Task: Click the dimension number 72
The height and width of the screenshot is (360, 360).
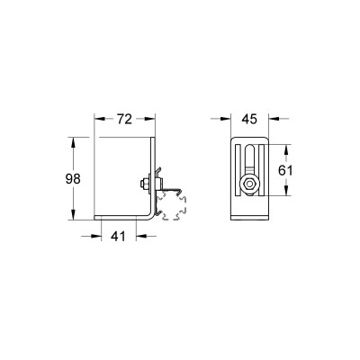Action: (124, 119)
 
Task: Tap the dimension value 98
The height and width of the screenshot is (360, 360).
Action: (73, 179)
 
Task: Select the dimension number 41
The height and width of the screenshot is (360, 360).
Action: (118, 237)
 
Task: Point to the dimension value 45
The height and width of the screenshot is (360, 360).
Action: (249, 119)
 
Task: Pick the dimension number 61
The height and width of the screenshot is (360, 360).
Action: (285, 171)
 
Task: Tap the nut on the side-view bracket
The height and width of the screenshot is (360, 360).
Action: (144, 184)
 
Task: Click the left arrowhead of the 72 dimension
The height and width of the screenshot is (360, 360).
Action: (100, 119)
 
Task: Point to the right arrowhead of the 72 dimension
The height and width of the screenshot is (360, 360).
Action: (150, 119)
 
